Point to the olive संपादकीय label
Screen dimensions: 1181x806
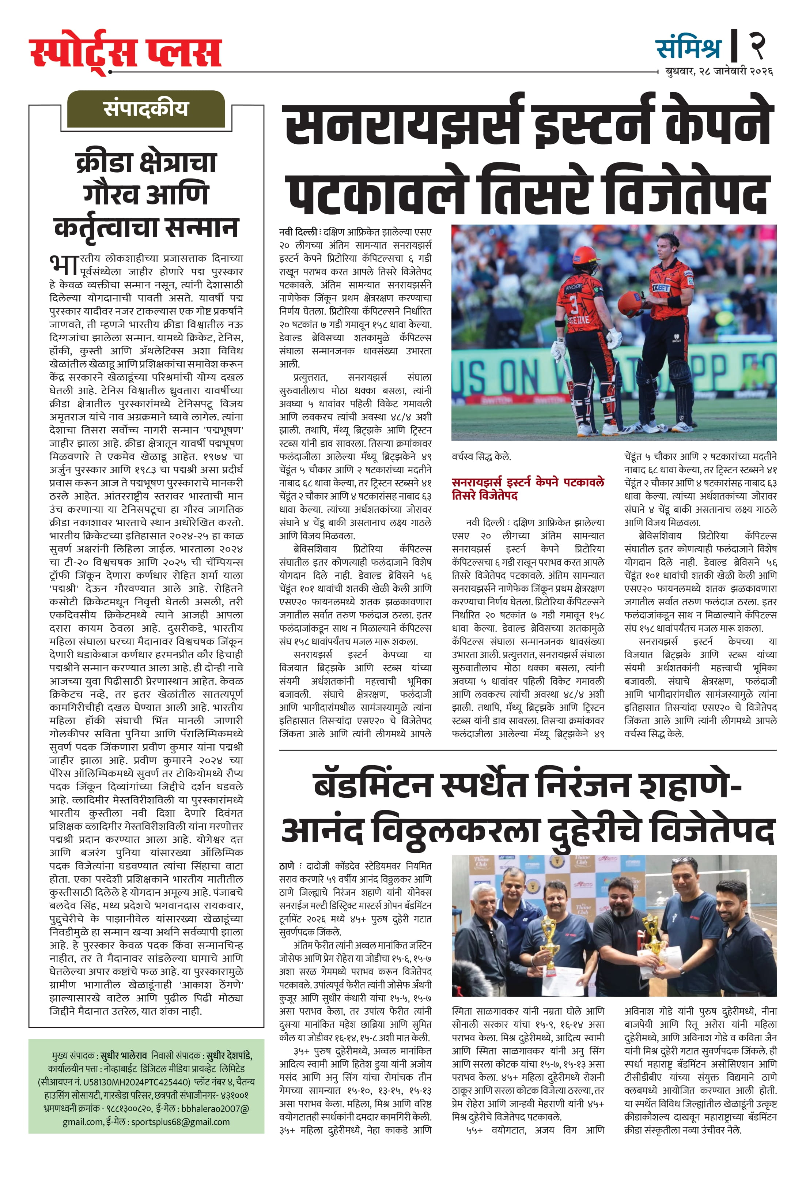point(146,109)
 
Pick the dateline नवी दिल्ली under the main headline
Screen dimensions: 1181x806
point(298,232)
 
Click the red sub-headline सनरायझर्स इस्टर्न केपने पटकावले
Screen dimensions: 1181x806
point(528,482)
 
